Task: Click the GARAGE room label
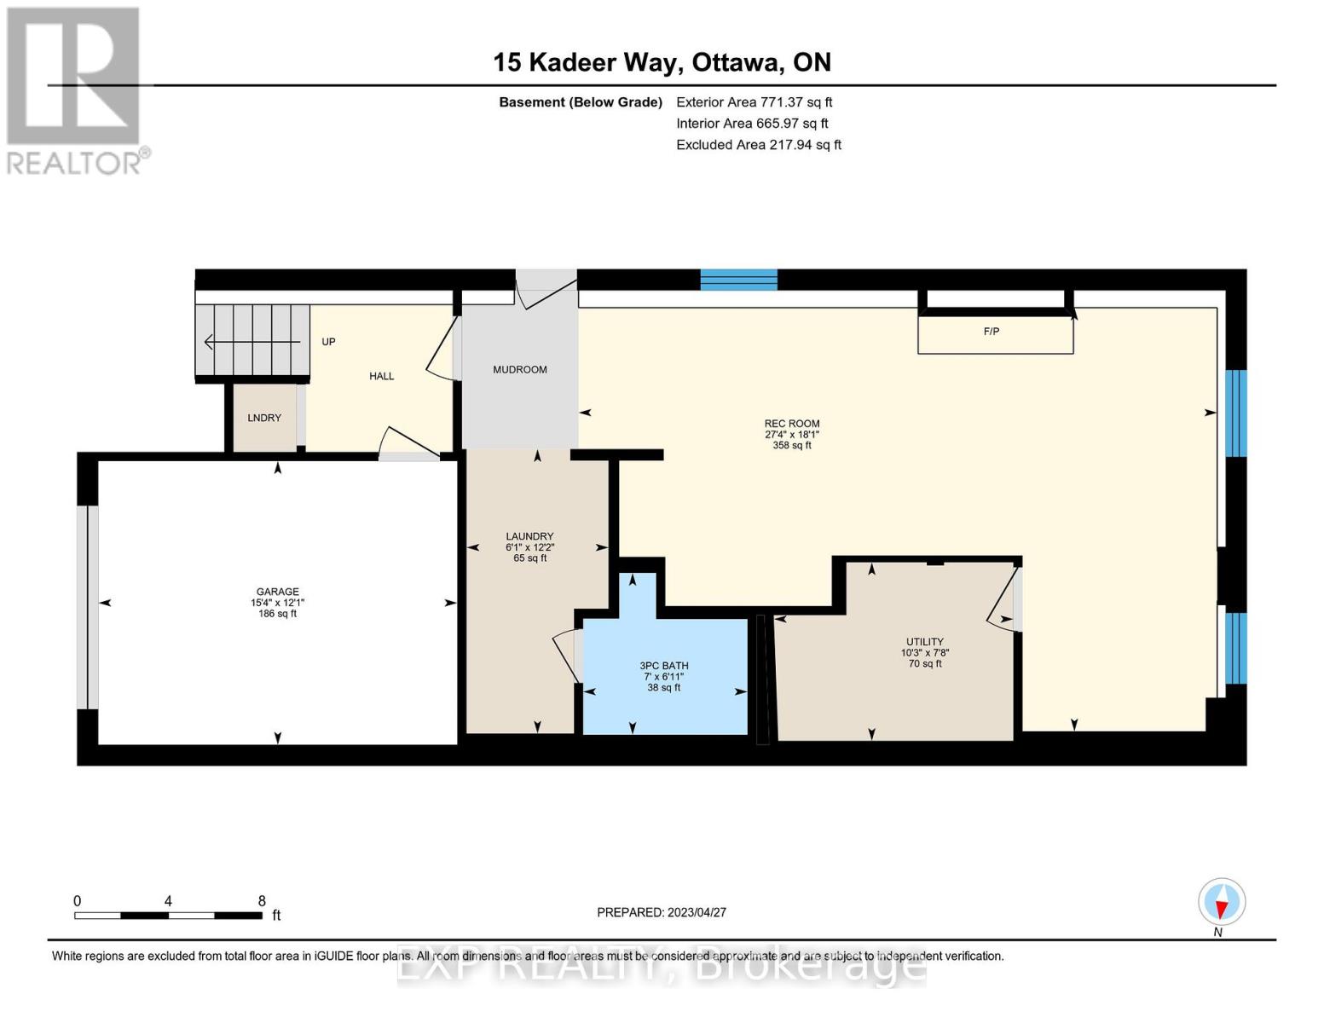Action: pos(277,591)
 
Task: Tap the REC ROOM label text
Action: pos(791,424)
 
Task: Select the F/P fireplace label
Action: pos(992,332)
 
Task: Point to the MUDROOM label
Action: pos(520,369)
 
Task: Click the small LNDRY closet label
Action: pos(264,418)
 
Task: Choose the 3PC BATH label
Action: pos(663,666)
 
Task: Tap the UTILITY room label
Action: pos(924,642)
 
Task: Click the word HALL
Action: pos(381,376)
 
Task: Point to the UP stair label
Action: pos(328,342)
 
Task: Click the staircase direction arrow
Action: pos(252,342)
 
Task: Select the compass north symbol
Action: pos(1221,903)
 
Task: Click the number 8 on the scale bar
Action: pos(262,900)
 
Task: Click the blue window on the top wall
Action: pos(738,280)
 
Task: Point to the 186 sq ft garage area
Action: pos(277,614)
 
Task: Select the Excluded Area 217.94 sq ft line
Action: pos(759,144)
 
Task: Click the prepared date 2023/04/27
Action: pos(697,912)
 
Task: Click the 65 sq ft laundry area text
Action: pos(530,558)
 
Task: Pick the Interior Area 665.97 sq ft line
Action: pos(752,123)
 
